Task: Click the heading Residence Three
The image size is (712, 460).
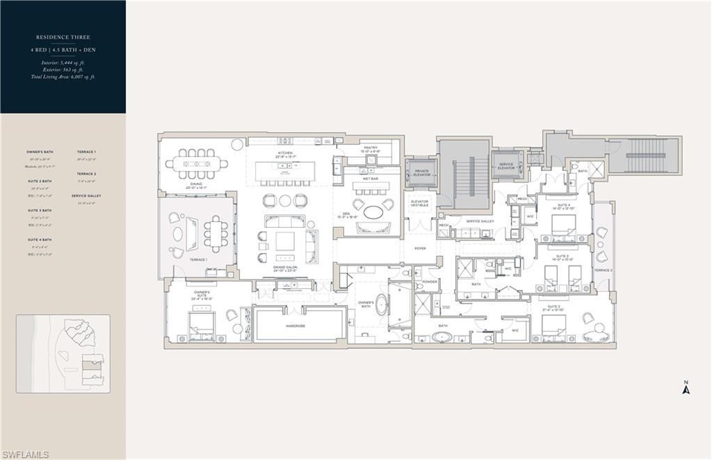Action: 63,37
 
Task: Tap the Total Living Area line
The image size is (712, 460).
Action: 63,77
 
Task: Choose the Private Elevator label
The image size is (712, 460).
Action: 422,172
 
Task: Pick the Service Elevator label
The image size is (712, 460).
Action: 505,167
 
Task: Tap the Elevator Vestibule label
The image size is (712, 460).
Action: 420,203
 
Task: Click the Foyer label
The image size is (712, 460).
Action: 421,247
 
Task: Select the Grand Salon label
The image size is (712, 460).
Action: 285,269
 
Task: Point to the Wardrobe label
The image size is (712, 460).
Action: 300,325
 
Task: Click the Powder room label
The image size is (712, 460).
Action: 429,282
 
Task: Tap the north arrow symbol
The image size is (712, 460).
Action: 686,388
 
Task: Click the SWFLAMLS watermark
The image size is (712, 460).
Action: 25,454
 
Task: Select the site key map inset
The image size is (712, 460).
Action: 63,354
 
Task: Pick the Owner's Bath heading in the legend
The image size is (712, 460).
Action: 40,151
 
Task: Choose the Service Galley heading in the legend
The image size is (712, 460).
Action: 86,196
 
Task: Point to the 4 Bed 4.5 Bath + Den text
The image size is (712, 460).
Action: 63,51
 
